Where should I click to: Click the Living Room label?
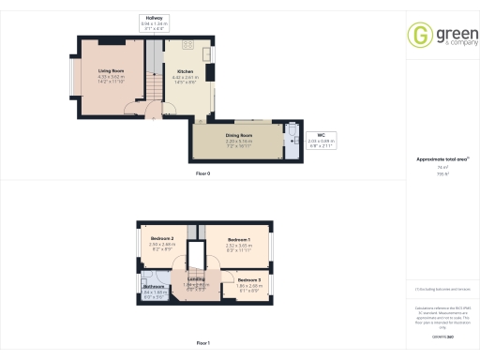[x=112, y=70]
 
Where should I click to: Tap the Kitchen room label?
[x=185, y=70]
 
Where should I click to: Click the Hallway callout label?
[x=154, y=19]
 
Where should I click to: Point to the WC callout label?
[x=321, y=135]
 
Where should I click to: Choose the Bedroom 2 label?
[x=163, y=239]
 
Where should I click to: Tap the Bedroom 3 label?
[x=249, y=279]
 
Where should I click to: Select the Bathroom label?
[x=154, y=286]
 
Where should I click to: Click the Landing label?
[x=196, y=278]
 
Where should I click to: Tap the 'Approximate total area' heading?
[x=437, y=158]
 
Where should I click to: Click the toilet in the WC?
[x=293, y=132]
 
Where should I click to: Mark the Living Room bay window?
[x=74, y=80]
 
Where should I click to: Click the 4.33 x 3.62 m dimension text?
[x=112, y=77]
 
